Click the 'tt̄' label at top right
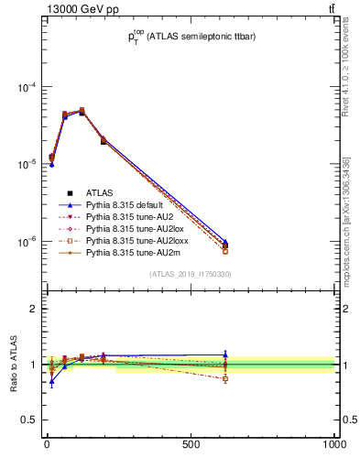pos(331,10)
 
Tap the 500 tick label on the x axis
pos(191,444)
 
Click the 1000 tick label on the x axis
pos(333,444)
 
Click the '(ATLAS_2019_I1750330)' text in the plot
pos(191,274)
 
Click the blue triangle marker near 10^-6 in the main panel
pos(225,242)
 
